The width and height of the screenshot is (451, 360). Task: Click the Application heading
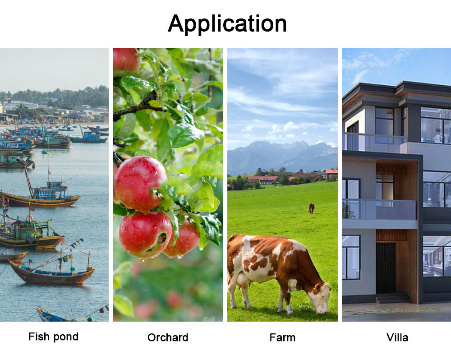[227, 23]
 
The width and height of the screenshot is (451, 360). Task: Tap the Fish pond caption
[54, 337]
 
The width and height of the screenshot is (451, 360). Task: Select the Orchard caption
[168, 337]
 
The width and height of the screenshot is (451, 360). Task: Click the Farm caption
[282, 337]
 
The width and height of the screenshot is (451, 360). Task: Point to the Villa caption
[397, 337]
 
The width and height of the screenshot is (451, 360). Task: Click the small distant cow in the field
[311, 208]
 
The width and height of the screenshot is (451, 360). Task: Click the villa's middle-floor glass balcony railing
[379, 209]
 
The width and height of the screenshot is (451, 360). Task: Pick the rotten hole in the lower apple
[161, 239]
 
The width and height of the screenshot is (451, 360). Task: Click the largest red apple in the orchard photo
[141, 184]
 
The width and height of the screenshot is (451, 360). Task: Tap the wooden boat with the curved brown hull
[51, 274]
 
